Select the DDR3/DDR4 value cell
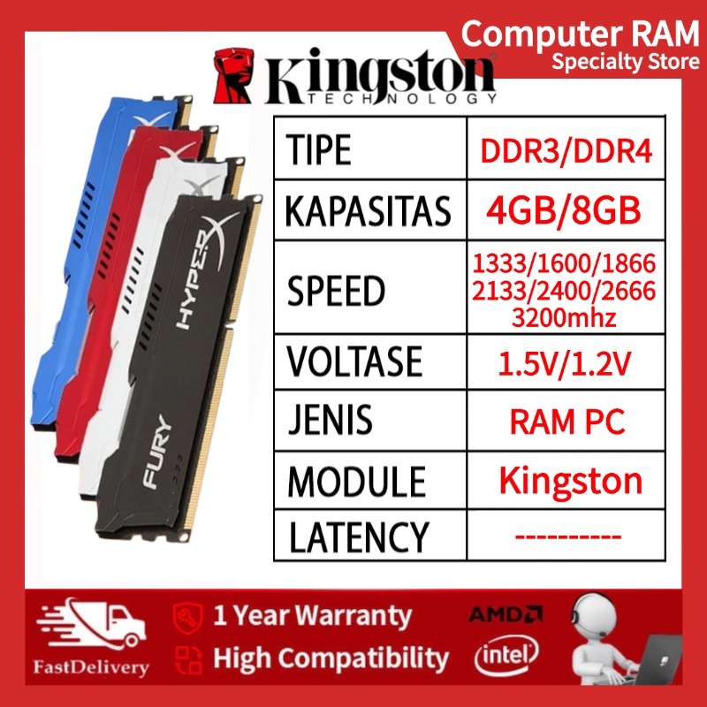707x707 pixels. (x=566, y=151)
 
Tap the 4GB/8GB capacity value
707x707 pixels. (x=566, y=212)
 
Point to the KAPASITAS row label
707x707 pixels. (x=369, y=212)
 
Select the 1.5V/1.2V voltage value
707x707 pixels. (x=566, y=361)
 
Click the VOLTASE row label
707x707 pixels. (x=354, y=361)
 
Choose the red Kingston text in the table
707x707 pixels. (x=570, y=481)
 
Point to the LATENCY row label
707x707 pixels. (x=358, y=536)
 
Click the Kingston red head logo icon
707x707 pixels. (x=234, y=72)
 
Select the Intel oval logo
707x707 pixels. (x=507, y=655)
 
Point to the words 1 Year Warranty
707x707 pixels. (x=312, y=614)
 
